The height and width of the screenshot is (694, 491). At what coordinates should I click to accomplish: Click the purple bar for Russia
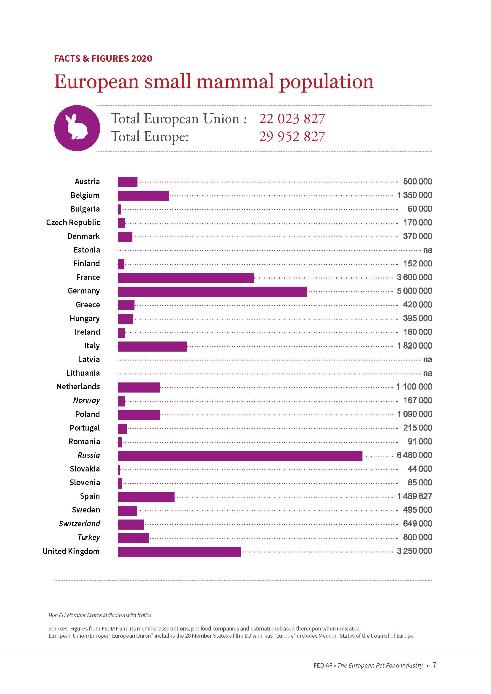tap(240, 456)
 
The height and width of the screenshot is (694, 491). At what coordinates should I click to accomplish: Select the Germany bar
tap(212, 291)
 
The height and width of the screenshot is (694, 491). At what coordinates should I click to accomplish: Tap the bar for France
tap(186, 278)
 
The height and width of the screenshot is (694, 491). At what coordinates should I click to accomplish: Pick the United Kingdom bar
tap(179, 552)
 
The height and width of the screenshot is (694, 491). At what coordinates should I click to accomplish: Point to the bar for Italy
tap(152, 346)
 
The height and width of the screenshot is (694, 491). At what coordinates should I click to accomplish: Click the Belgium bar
tap(144, 196)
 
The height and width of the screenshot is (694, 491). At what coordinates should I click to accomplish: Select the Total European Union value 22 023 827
tap(292, 119)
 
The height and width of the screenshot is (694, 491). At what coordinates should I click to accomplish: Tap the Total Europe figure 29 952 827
tap(292, 136)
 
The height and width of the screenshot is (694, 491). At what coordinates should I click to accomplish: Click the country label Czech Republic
tap(73, 223)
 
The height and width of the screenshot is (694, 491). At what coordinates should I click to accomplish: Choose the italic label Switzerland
tap(79, 523)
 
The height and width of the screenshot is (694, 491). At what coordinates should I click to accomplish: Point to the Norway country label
tap(86, 400)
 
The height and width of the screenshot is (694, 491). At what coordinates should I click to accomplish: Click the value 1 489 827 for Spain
tap(414, 496)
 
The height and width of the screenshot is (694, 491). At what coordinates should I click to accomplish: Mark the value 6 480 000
tap(414, 455)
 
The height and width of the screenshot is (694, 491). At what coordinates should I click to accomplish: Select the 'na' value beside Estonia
tap(427, 250)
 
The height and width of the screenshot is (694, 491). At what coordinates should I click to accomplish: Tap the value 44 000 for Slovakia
tap(420, 469)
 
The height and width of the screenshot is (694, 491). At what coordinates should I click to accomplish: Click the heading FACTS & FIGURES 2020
tap(103, 58)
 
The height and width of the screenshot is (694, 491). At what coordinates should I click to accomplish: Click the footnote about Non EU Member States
tap(100, 615)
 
